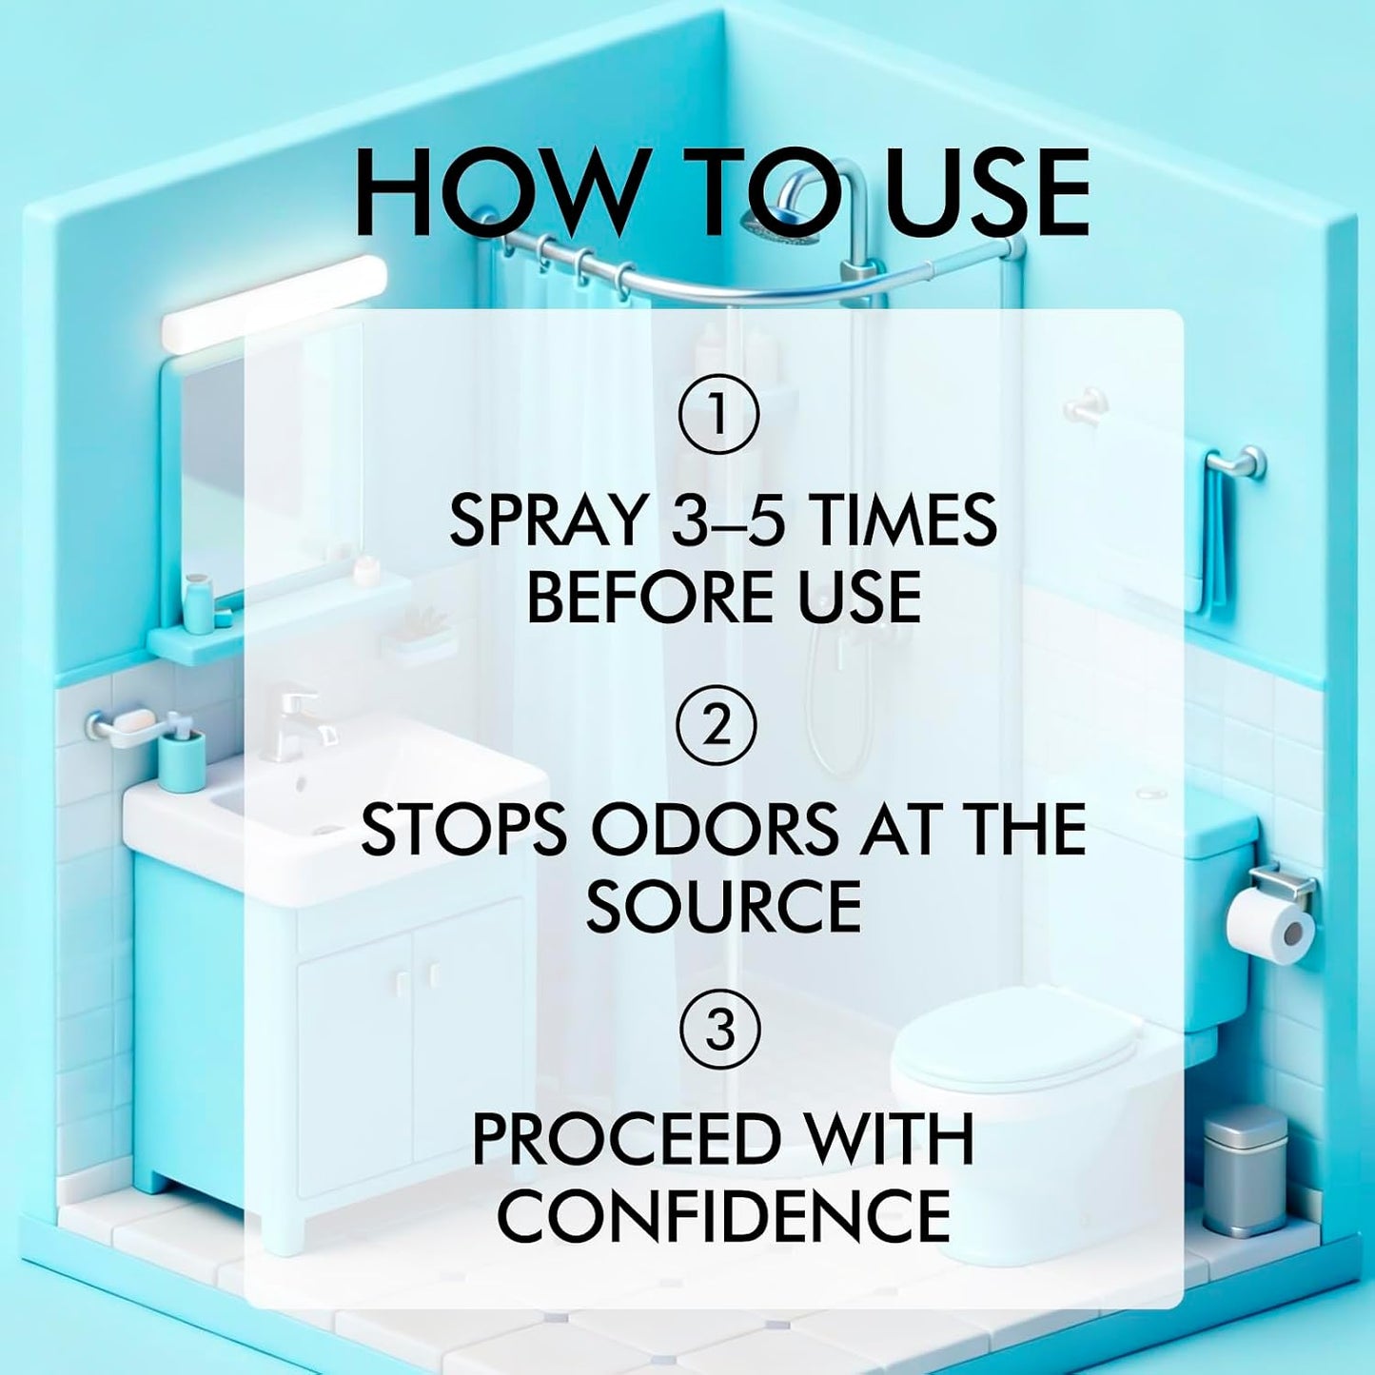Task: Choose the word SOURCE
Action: [x=723, y=906]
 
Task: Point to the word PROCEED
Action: [x=623, y=1140]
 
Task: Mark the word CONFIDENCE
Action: [x=723, y=1217]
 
